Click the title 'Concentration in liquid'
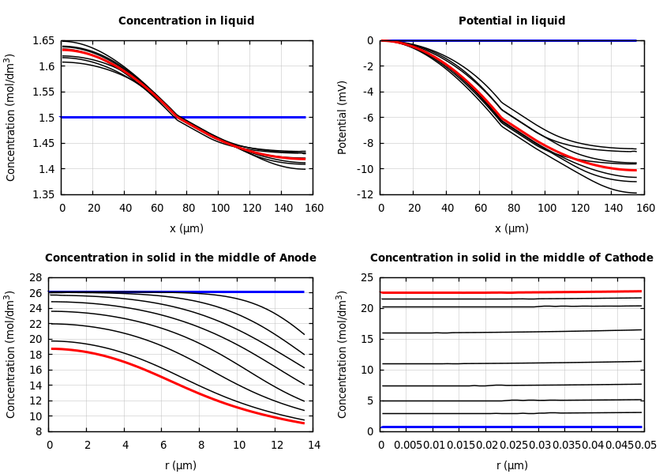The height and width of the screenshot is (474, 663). (x=186, y=21)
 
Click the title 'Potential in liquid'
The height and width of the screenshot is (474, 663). (x=511, y=21)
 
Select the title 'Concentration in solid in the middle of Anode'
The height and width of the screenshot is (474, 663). (x=180, y=258)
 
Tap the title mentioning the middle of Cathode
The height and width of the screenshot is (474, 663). (x=511, y=258)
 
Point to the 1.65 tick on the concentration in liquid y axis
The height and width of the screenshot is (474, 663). (x=43, y=40)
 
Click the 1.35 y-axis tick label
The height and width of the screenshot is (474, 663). (x=43, y=194)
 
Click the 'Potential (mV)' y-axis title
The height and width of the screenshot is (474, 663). (x=343, y=117)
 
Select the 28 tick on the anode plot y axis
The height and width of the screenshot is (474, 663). (x=36, y=277)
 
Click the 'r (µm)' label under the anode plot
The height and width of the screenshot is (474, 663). (x=180, y=465)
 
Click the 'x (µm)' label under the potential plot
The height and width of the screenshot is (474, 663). (x=511, y=228)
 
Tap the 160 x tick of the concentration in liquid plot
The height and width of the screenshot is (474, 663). (x=313, y=208)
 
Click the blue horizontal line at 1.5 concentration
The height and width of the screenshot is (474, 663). (x=237, y=117)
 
